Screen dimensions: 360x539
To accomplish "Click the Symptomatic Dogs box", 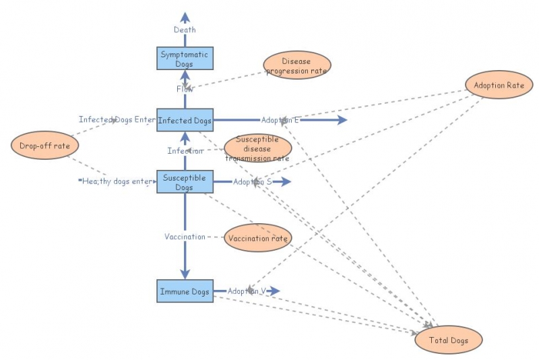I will (x=185, y=59).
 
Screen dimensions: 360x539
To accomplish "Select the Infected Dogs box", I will (x=185, y=121).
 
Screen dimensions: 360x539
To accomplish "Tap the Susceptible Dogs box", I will (x=185, y=182).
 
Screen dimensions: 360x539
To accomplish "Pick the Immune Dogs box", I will (x=185, y=292).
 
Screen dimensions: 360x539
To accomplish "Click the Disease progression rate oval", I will (x=296, y=65).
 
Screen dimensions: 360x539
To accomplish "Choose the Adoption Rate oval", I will (x=499, y=85).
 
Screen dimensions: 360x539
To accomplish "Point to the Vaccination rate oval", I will (x=258, y=238).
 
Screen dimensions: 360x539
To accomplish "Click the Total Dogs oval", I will (x=449, y=340).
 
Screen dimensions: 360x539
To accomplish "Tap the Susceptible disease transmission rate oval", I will (x=257, y=148).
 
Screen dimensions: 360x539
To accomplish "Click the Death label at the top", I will (x=185, y=30).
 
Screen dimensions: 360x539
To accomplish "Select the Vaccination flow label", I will (x=185, y=237).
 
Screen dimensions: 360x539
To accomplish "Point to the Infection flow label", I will (x=185, y=151).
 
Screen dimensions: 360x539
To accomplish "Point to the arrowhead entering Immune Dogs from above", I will (x=185, y=271).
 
